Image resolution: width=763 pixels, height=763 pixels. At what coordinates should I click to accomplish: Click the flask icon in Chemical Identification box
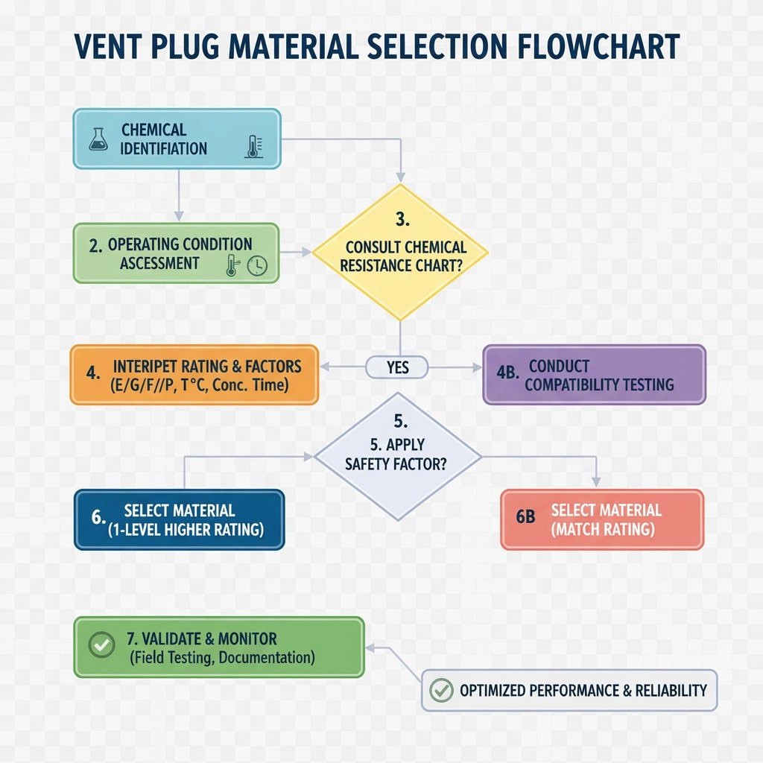point(98,139)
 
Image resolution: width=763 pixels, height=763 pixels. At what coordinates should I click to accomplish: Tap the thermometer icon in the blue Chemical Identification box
point(253,146)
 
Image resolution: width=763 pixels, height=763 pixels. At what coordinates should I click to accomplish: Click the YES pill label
point(397,367)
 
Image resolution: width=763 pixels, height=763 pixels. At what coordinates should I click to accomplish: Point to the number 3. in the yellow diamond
point(401,220)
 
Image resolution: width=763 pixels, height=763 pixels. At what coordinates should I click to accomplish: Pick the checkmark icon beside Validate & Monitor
point(101,645)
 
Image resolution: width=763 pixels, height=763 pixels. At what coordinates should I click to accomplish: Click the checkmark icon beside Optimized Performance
point(442,690)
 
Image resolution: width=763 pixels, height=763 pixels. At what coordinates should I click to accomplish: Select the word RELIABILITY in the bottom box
point(671,691)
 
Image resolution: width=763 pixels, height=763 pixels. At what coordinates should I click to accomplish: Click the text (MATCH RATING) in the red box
point(603,530)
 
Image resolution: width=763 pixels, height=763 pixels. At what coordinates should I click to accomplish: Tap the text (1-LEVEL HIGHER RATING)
point(184,531)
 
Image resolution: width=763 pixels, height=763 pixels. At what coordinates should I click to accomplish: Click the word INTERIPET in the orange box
point(148,367)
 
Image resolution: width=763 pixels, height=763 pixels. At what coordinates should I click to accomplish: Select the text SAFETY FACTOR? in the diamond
point(396,463)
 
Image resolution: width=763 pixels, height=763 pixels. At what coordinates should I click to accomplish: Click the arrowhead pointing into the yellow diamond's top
point(401,177)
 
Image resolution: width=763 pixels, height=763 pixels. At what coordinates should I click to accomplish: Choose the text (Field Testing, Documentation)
point(221,658)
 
